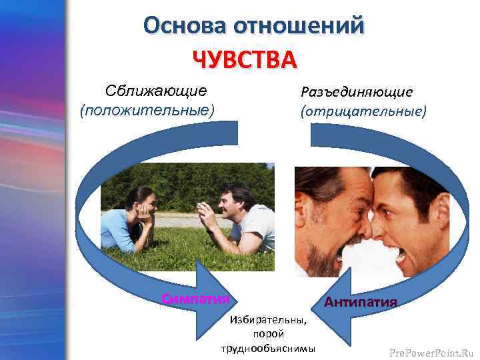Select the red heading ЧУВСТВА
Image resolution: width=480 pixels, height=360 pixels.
244,59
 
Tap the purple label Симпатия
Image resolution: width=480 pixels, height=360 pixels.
195,297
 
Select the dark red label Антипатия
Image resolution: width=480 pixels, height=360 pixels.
360,302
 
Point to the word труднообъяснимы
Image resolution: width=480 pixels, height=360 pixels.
268,349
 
